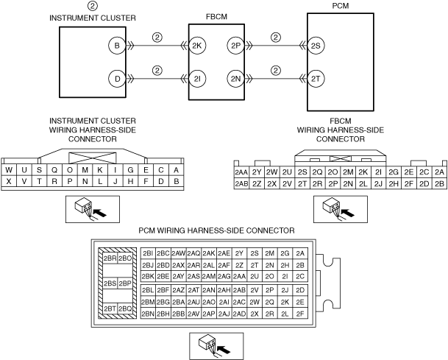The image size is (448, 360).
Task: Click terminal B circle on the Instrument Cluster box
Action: pos(117,46)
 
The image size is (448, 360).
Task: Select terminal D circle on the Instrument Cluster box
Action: pos(117,79)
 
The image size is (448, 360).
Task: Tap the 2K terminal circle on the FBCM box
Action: pos(197,46)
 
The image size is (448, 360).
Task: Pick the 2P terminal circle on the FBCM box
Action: pos(235,46)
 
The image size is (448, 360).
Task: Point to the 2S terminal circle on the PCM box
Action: pos(316,46)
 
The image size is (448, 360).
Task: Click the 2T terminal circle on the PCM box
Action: pos(316,79)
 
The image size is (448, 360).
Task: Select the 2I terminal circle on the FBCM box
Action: pos(197,79)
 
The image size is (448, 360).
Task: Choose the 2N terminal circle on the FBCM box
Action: pos(235,79)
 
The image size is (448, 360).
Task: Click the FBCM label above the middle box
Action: pos(216,17)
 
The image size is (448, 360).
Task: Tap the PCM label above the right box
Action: pos(341,6)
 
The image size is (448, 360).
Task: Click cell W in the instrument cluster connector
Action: pos(9,170)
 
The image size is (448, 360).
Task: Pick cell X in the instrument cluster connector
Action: pos(9,181)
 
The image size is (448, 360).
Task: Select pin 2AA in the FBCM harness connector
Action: pos(241,172)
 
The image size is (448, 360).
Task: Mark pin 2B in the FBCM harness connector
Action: pos(439,183)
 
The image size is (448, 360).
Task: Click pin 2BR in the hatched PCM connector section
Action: pos(110,258)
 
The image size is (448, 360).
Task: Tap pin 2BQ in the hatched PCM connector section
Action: pos(125,308)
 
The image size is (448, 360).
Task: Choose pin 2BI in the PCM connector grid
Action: pos(148,253)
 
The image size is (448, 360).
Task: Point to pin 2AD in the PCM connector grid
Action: pos(239,314)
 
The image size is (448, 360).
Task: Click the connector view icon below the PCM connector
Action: pos(216,346)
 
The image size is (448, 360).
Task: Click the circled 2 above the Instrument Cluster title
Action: pos(92,6)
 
